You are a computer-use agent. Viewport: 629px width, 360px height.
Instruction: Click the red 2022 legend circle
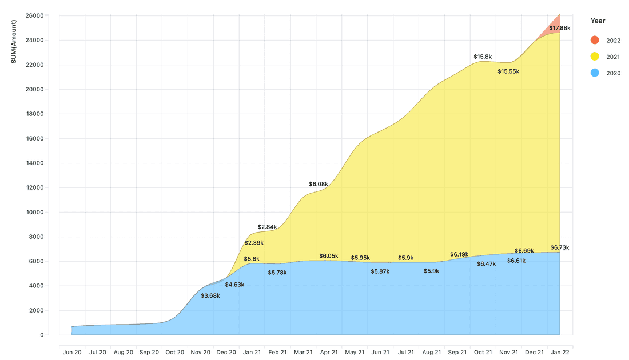595,40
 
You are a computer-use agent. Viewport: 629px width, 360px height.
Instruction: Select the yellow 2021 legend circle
595,57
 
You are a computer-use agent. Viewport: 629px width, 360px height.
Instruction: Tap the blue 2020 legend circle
595,73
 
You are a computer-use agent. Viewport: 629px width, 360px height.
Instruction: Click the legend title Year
598,21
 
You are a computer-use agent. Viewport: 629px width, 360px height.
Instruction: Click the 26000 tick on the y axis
34,15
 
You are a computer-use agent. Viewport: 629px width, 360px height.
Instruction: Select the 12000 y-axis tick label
34,187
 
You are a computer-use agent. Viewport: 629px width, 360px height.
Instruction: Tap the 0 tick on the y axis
42,335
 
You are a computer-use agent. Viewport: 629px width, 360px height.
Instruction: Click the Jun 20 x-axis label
72,353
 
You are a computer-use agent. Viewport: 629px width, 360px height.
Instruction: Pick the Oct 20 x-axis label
174,353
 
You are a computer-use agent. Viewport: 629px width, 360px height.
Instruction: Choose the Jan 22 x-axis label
559,353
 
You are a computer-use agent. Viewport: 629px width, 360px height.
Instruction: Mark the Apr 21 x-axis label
329,353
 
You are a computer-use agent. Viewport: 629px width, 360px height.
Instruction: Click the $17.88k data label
559,28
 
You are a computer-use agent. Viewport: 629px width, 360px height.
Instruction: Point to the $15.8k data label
484,57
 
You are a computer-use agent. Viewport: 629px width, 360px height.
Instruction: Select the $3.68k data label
210,295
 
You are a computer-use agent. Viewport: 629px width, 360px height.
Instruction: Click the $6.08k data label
319,184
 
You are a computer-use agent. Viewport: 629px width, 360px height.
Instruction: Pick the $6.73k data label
560,247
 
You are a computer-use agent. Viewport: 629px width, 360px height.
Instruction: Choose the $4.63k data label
234,284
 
